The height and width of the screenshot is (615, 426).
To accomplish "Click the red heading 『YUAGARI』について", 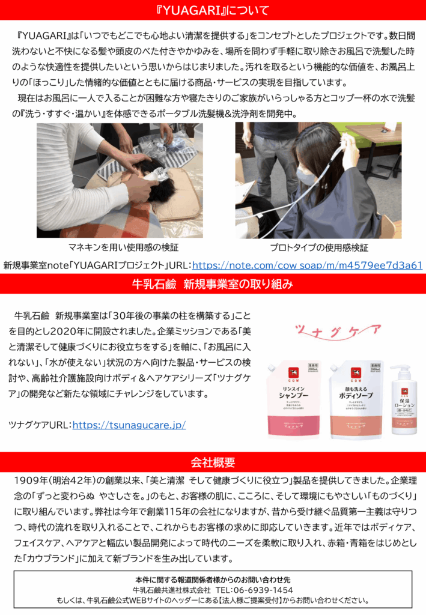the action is pos(213,10).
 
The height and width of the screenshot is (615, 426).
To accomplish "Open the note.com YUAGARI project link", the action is pos(307,265).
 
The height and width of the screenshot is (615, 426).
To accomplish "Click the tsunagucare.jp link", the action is pos(129,425).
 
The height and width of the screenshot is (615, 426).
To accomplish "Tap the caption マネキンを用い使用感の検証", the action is pos(123,247).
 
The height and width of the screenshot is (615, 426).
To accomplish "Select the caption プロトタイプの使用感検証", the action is pos(319,247).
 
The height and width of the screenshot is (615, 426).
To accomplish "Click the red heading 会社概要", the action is pos(213,462).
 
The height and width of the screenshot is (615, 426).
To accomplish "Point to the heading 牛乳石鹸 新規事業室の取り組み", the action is pos(213,284).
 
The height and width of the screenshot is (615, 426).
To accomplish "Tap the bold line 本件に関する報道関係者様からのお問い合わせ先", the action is pos(213,580).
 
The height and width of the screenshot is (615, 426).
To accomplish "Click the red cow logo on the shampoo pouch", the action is pos(293,372).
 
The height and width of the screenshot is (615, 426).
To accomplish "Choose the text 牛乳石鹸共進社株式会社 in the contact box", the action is pos(172,590).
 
